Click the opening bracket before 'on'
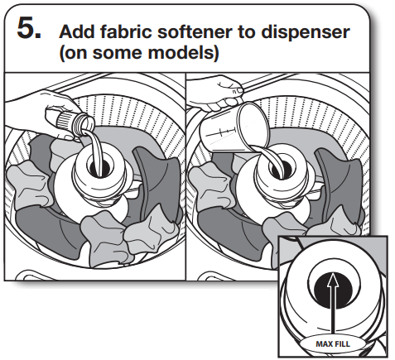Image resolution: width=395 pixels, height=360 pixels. [62, 55]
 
